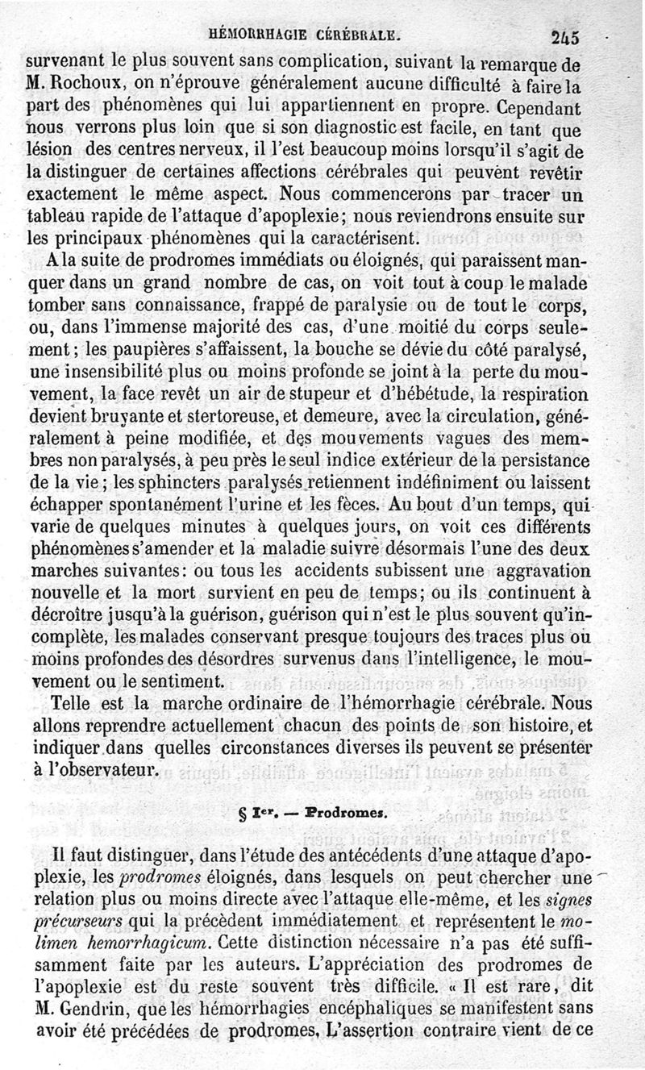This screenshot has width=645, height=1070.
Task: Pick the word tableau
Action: coord(57,217)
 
